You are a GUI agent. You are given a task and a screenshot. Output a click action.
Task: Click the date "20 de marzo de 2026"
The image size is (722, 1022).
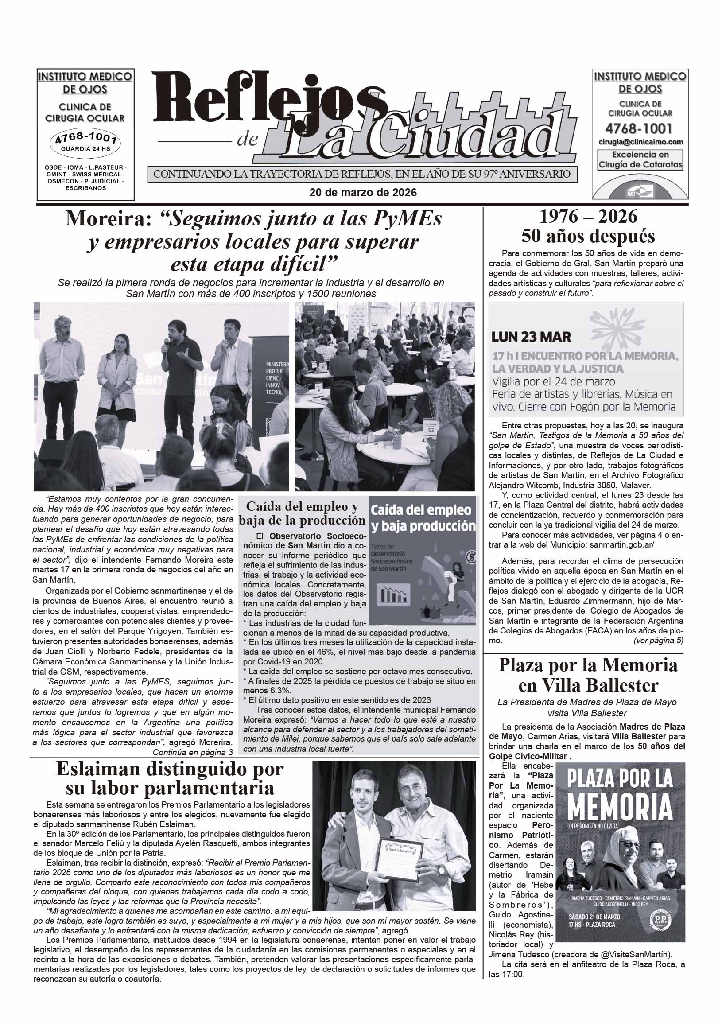coord(363,192)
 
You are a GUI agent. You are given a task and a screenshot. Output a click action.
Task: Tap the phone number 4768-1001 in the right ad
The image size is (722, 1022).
coord(638,128)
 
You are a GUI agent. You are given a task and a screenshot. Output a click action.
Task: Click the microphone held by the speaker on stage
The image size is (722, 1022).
coord(166,343)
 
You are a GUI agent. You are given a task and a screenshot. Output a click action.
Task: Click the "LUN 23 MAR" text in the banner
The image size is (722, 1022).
coord(531,337)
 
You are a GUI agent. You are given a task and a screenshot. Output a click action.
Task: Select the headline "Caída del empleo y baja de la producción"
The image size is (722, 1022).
coord(302,513)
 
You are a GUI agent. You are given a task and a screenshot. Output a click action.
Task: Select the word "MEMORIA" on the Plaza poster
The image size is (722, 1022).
coord(620,807)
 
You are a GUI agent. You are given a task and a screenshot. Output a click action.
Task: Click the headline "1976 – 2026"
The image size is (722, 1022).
coord(588,217)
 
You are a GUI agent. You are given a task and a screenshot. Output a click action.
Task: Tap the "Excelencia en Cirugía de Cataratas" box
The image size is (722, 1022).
coord(640,159)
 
